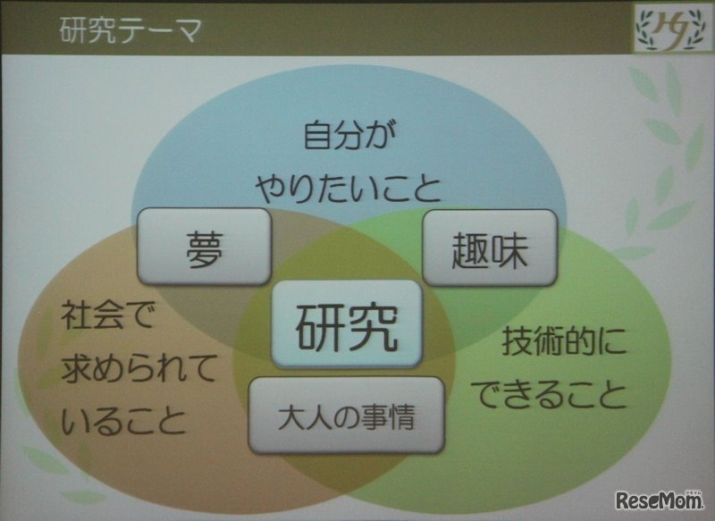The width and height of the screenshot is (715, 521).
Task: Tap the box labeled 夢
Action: (204, 248)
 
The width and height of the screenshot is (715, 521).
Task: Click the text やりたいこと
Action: (348, 188)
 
